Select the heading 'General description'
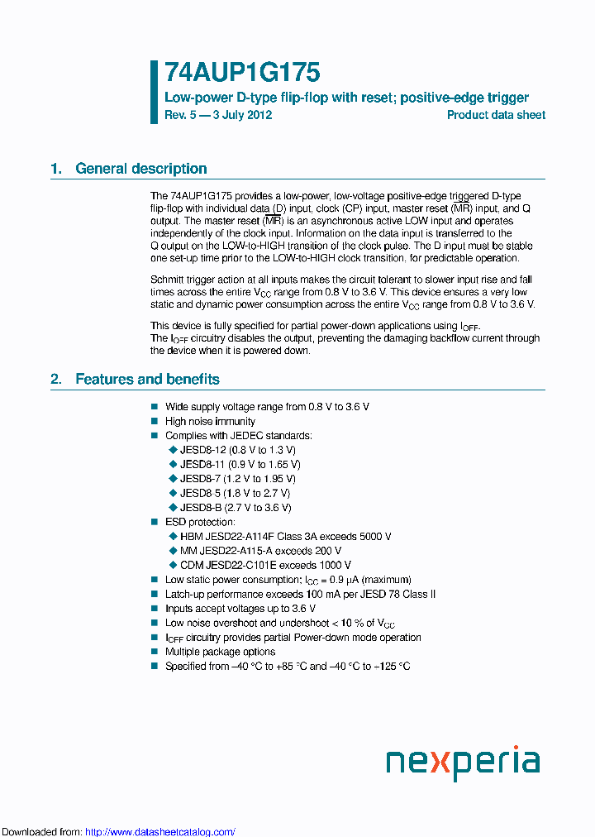(140, 169)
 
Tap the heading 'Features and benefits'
(147, 380)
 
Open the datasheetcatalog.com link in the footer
(160, 832)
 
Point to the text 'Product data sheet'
(496, 115)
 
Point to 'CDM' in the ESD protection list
(192, 565)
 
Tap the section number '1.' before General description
(56, 169)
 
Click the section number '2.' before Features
(56, 380)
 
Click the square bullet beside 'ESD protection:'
(154, 522)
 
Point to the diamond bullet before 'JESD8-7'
(173, 479)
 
